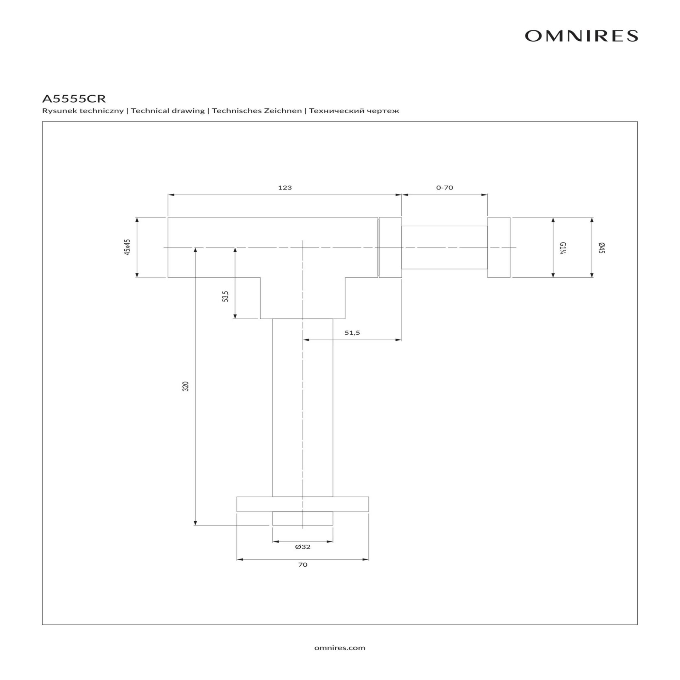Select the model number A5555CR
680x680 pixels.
coord(74,98)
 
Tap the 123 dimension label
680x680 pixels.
coord(285,187)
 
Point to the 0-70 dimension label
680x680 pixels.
coord(444,187)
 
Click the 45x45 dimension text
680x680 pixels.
coord(127,247)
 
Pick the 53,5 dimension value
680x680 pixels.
coord(226,296)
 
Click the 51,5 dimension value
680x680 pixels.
coord(352,333)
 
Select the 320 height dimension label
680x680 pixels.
coord(186,386)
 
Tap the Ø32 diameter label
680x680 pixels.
coord(302,546)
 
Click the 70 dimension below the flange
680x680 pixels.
coord(302,565)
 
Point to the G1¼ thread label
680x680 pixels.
coord(562,248)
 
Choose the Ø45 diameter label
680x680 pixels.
coord(601,248)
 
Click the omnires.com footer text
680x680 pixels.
coord(340,648)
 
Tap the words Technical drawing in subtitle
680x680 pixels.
coord(168,111)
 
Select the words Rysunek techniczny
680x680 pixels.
coord(83,111)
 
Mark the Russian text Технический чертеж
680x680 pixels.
coord(354,111)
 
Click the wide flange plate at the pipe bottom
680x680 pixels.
coord(302,504)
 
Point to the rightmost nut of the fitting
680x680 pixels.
coord(499,247)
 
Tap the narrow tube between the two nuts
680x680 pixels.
coord(444,247)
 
